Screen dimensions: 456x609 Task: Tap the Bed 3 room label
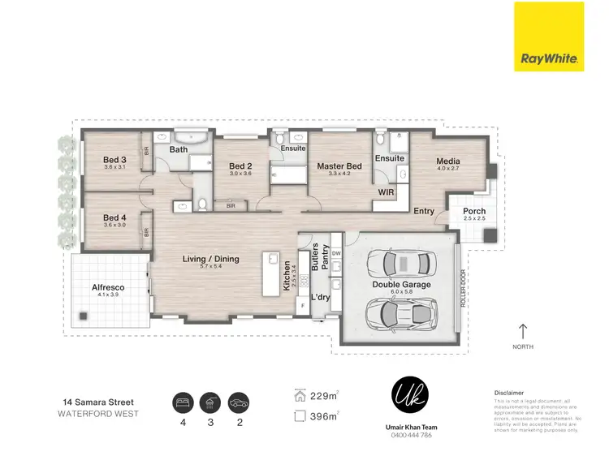[x=114, y=159]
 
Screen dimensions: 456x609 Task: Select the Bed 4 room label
[x=114, y=217]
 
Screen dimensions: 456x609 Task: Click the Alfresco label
[x=107, y=287]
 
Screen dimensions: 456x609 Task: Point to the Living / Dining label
[x=210, y=259]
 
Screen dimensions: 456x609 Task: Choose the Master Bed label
[x=339, y=166]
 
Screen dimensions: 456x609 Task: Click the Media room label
[x=448, y=161]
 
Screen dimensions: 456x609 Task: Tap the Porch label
[x=473, y=211]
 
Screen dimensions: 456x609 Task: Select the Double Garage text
[x=401, y=285]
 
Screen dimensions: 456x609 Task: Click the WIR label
[x=387, y=192]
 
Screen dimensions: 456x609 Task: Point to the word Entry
[x=423, y=211]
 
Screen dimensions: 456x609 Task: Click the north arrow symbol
[x=522, y=331]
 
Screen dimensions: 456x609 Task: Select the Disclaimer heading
[x=509, y=392]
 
